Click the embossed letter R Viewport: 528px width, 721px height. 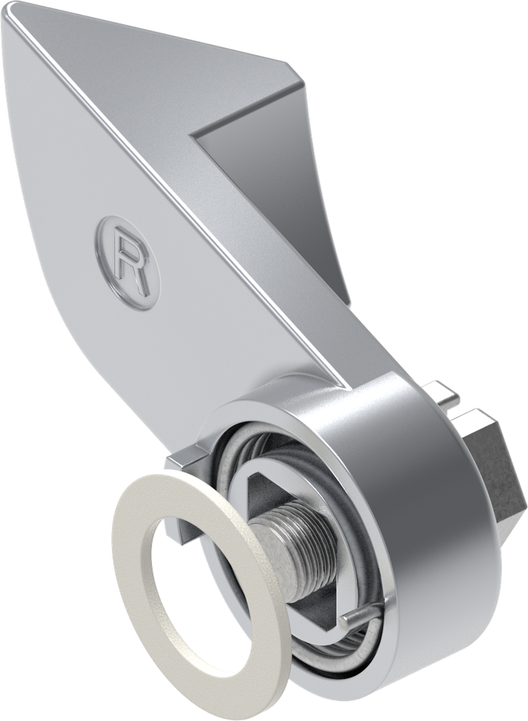[131, 262]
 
